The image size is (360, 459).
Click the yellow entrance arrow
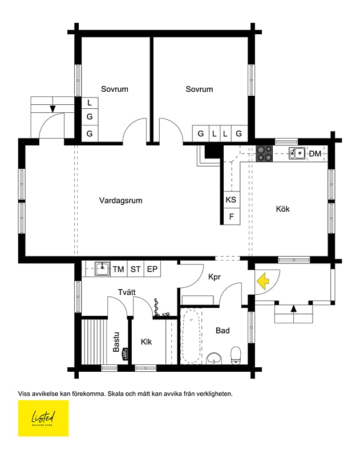[263, 281]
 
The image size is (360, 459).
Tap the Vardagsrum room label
[120, 201]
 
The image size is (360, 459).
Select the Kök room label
[282, 209]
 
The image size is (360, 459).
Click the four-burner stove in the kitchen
[264, 153]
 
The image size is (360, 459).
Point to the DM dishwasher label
[315, 153]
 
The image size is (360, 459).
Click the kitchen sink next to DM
[296, 153]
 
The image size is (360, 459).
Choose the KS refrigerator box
[231, 200]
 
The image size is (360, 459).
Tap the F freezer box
[231, 217]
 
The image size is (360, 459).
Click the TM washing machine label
[119, 269]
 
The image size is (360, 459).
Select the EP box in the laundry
[152, 269]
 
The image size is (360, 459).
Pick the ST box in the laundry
[136, 269]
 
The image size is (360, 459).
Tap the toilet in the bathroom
[236, 355]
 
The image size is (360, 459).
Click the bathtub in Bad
[191, 336]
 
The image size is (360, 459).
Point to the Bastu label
[116, 342]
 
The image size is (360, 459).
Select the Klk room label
[147, 342]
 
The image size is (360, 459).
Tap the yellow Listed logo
[43, 419]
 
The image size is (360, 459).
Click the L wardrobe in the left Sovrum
[90, 103]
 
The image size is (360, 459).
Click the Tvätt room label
[127, 292]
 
